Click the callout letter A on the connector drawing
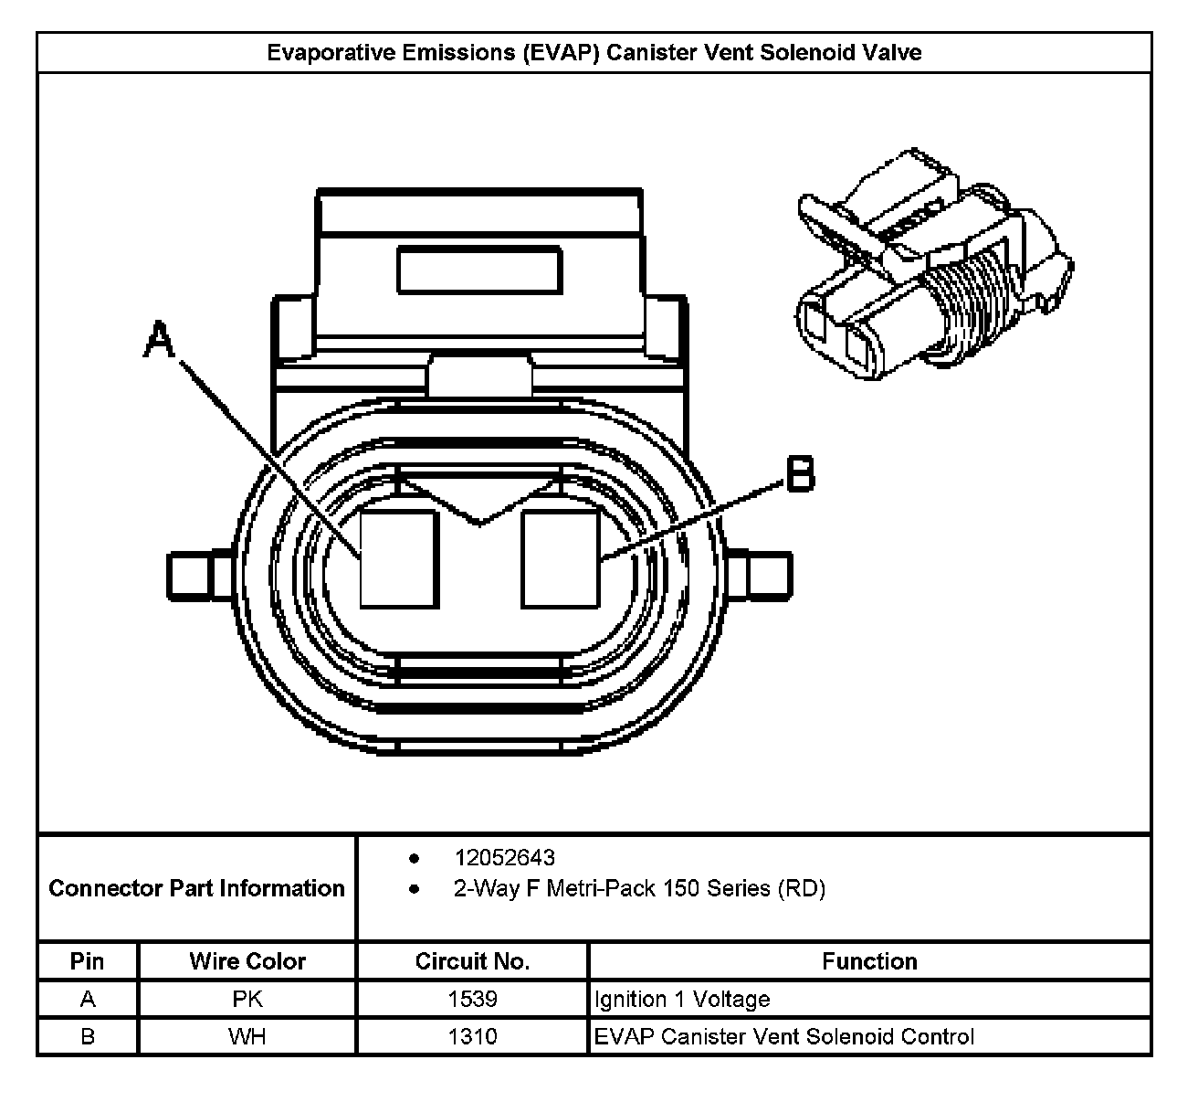160,340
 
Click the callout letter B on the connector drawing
800,474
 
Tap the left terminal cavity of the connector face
399,558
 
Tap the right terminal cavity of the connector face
561,558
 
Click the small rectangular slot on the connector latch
479,270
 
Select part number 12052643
505,858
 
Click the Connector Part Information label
196,888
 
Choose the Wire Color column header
247,961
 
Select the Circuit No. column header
472,961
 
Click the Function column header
869,961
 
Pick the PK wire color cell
247,999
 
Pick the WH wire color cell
247,1036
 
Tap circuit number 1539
472,999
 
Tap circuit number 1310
472,1036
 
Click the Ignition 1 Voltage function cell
682,999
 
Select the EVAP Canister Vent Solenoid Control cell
784,1036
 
